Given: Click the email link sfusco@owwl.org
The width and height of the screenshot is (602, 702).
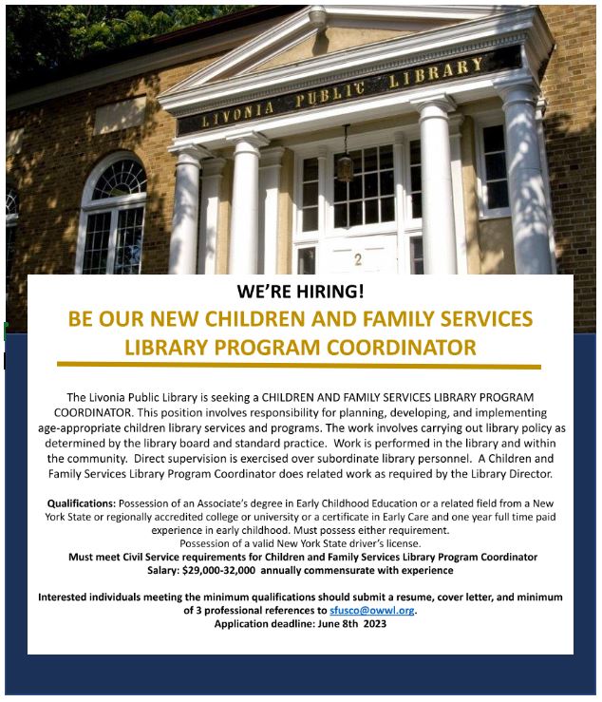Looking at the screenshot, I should click(x=372, y=611).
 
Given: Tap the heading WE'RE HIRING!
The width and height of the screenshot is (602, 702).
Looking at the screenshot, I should click(x=300, y=292).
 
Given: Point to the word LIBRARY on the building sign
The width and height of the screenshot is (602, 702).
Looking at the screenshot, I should click(x=436, y=74).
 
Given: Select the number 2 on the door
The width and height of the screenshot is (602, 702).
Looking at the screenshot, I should click(x=358, y=258).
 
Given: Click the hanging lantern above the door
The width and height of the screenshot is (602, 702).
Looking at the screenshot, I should click(x=347, y=165).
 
